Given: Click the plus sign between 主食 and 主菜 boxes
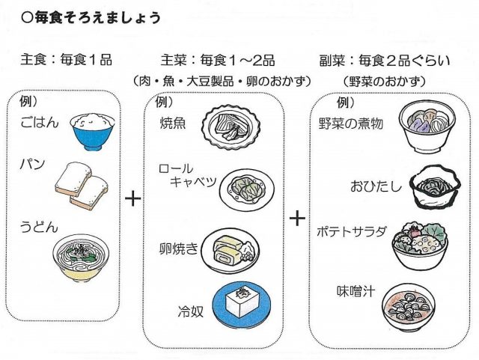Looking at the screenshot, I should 132,198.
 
